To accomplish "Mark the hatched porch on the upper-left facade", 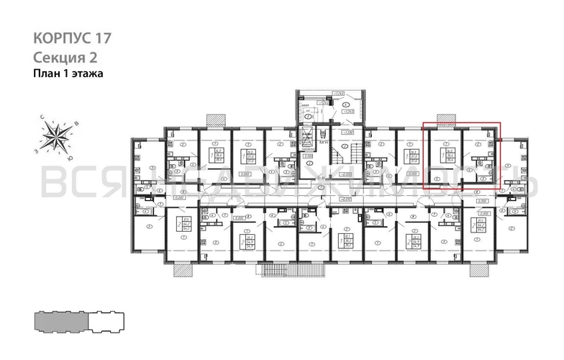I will coord(214,118).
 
